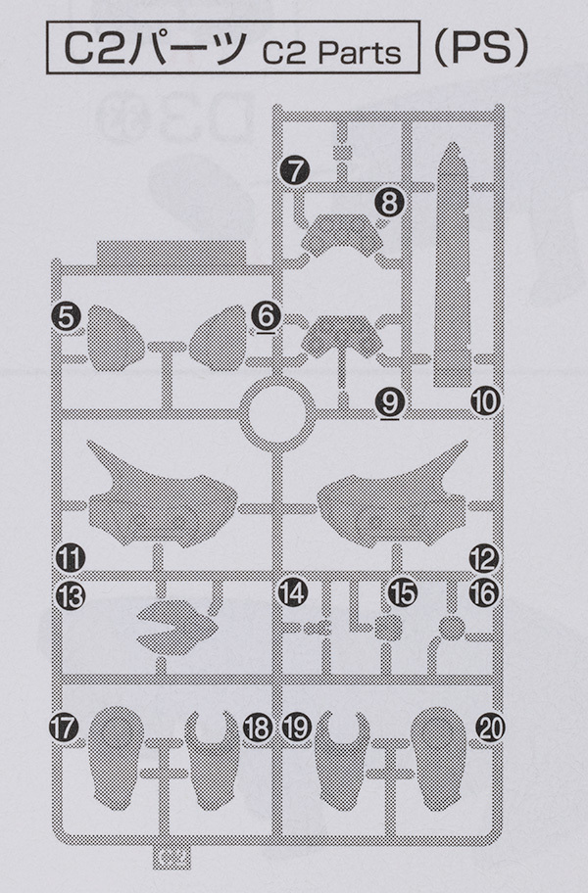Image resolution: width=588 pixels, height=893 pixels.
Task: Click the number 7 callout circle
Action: tap(295, 170)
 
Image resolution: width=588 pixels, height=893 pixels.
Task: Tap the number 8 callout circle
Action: tap(390, 202)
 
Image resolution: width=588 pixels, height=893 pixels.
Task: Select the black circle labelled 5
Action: tap(67, 317)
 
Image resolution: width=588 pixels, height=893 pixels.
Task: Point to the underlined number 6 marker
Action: tap(267, 315)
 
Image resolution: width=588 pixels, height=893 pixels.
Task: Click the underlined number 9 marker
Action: tap(390, 403)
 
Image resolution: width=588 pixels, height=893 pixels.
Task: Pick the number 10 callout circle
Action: tap(485, 402)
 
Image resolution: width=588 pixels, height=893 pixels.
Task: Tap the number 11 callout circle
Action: tap(71, 557)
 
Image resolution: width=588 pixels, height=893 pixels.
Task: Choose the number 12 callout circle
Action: tap(484, 558)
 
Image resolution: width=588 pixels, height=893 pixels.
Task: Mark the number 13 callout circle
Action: tap(71, 596)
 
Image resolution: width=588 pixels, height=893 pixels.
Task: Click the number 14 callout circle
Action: tap(293, 592)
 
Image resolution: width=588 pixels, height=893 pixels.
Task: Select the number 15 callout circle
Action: tap(402, 592)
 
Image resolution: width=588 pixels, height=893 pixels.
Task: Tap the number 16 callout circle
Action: tap(484, 593)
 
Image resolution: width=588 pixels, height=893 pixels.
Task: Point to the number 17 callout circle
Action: tap(64, 728)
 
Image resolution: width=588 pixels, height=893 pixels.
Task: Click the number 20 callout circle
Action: tap(491, 728)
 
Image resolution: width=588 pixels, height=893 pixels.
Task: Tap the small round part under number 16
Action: tap(453, 629)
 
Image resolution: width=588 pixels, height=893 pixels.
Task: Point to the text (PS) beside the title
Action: tap(481, 49)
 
